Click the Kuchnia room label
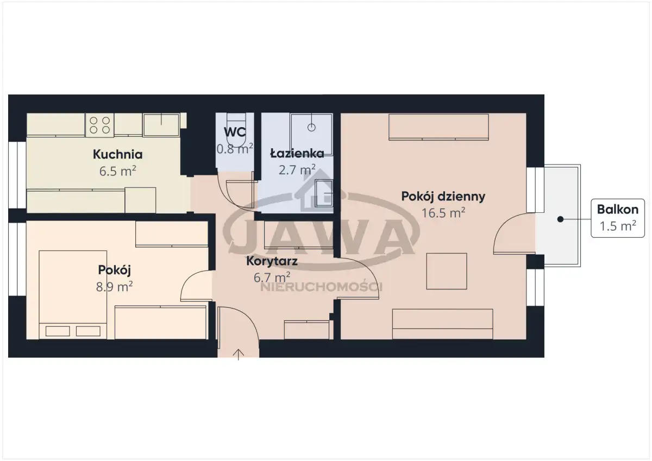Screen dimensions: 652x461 point(117,154)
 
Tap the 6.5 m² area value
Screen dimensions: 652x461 point(117,171)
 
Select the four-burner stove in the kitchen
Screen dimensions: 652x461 point(99,125)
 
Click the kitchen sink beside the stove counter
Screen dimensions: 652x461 point(161,125)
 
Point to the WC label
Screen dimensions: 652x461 point(235,132)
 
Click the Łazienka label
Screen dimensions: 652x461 point(297,153)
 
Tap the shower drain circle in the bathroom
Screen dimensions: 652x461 point(311,128)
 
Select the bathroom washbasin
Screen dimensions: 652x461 point(324,193)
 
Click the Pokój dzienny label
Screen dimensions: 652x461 point(443,197)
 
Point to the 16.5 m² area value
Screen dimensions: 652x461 point(443,213)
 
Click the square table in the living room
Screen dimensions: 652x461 point(447,271)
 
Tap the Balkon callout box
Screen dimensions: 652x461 point(618,218)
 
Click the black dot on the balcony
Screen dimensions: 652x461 point(560,219)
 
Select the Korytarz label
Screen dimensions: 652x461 point(272,261)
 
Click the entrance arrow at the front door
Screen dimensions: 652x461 point(239,355)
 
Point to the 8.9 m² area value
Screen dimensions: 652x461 point(115,287)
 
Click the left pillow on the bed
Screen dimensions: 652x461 point(58,331)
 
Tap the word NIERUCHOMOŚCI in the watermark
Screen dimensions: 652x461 point(321,287)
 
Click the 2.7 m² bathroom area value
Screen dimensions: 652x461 point(297,170)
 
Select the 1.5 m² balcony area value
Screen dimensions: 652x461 point(618,226)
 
